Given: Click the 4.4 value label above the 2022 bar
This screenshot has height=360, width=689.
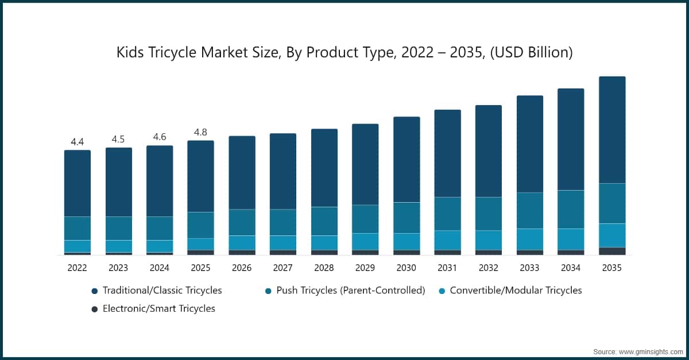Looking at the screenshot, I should (78, 142).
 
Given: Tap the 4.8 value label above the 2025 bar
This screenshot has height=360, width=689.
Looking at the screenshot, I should (201, 132).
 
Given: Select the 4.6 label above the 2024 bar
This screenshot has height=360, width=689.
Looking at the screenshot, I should (160, 137).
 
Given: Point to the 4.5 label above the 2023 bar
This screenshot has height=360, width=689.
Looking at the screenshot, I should (118, 140).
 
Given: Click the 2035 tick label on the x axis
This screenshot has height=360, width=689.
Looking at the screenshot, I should (612, 268).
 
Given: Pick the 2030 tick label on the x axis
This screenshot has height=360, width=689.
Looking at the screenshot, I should (407, 268).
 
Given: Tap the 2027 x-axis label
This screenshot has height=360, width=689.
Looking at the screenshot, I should (283, 268).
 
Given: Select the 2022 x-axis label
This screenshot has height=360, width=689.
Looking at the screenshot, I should (78, 268).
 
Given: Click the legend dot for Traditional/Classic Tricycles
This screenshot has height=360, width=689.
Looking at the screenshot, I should (94, 291).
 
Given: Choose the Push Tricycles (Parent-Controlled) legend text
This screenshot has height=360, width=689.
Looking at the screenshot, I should (350, 291).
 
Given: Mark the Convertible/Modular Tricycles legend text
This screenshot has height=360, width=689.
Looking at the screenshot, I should (516, 291).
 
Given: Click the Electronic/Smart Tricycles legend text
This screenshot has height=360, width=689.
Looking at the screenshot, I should (159, 309).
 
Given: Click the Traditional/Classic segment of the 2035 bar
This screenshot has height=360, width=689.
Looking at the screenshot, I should (612, 130).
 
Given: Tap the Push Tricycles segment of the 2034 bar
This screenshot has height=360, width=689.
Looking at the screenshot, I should (571, 209).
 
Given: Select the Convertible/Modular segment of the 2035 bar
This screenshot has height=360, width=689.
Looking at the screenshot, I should (612, 235).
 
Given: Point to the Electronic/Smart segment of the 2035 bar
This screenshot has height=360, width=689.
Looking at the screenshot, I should (612, 251).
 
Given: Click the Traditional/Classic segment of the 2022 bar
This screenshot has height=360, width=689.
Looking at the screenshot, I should (78, 183).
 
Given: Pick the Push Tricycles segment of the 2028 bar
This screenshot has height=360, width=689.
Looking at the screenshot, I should (324, 221).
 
